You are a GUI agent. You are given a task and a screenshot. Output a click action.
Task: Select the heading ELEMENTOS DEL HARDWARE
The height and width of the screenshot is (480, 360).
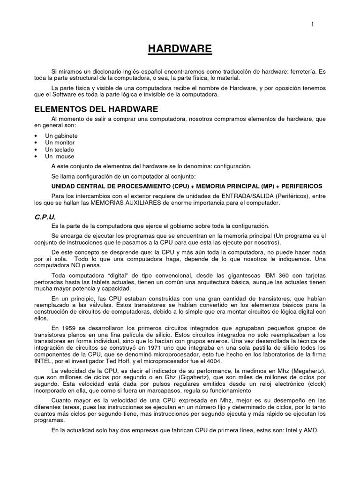97,109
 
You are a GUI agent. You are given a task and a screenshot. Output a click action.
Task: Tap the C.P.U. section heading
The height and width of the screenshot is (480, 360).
46,217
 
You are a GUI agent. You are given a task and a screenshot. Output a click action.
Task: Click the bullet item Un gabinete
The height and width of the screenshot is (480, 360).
61,135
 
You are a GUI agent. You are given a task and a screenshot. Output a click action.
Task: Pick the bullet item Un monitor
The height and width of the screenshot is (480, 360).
60,142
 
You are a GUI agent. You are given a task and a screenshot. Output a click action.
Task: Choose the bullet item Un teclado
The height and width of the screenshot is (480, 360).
59,150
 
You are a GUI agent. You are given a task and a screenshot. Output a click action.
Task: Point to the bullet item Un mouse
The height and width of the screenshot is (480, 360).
60,157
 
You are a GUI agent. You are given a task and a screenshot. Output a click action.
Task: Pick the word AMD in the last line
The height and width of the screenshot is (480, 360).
311,431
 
